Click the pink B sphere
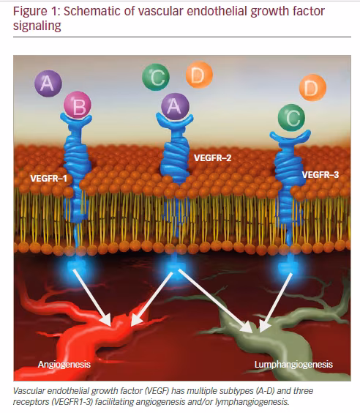pyautogui.click(x=78, y=105)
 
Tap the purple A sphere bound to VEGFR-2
pyautogui.click(x=175, y=106)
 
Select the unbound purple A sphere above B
pyautogui.click(x=48, y=83)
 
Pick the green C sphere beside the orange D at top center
pyautogui.click(x=156, y=77)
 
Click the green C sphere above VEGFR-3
pyautogui.click(x=291, y=117)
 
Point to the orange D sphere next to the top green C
pyautogui.click(x=199, y=75)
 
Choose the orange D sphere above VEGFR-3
pyautogui.click(x=312, y=87)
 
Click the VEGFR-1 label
pyautogui.click(x=49, y=179)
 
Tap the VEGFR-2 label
pyautogui.click(x=213, y=157)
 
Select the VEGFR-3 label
pyautogui.click(x=320, y=174)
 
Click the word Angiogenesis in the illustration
pyautogui.click(x=64, y=365)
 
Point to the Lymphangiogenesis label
pyautogui.click(x=293, y=365)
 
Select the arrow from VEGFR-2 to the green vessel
pyautogui.click(x=215, y=300)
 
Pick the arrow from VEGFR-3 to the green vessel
pyautogui.click(x=276, y=302)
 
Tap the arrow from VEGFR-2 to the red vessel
pyautogui.click(x=151, y=299)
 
